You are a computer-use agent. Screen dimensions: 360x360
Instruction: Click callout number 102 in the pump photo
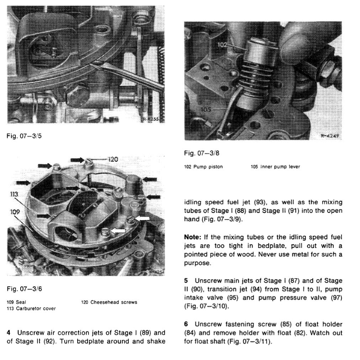pos(222,45)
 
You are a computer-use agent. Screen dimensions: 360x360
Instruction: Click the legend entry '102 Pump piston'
pos(203,167)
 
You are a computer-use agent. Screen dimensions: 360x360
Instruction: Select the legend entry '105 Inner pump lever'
pos(275,167)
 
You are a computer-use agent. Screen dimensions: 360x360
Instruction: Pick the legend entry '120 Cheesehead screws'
pos(109,302)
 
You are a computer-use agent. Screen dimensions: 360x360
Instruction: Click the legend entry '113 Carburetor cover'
pos(31,308)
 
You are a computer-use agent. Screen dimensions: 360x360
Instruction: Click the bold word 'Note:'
pos(192,237)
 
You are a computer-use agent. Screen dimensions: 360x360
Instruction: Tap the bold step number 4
pos(9,333)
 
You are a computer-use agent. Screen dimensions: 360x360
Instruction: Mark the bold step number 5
pos(186,281)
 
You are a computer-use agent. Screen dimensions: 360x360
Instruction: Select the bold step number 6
pos(186,324)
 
